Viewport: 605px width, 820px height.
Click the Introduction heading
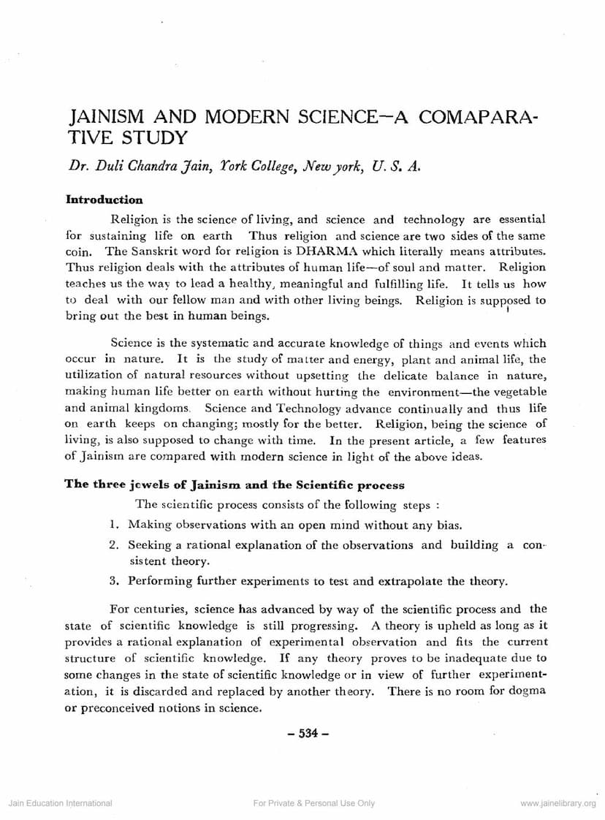(104, 200)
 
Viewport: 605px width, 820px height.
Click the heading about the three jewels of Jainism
(235, 484)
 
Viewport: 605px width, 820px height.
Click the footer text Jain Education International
(60, 803)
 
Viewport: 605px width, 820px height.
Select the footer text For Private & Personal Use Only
(313, 803)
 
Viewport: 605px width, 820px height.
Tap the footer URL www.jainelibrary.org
(558, 803)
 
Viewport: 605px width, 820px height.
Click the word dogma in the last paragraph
(527, 691)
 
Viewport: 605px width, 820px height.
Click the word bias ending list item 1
(448, 524)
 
